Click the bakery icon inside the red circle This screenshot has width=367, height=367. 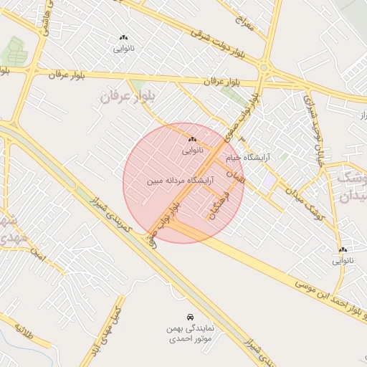click(192, 139)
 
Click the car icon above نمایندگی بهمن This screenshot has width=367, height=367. click(189, 316)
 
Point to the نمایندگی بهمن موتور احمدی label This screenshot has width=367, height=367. click(188, 335)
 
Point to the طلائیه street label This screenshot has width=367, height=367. click(24, 332)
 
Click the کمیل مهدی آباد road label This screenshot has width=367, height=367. click(108, 322)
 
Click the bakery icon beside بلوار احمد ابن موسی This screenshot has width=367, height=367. click(343, 250)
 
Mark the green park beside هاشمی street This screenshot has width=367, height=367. click(13, 51)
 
